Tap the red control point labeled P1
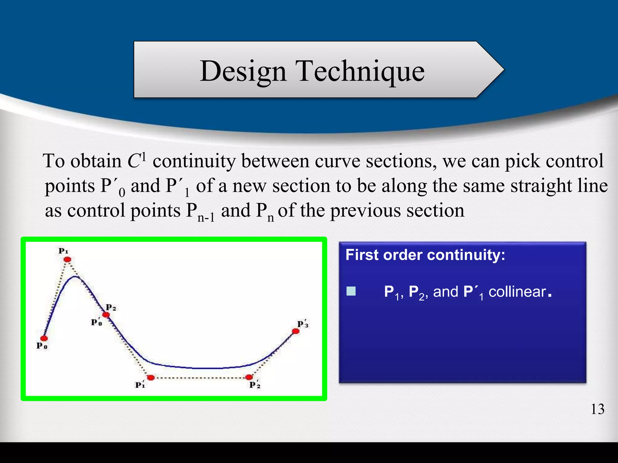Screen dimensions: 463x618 (x=67, y=259)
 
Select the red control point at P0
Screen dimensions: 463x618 (x=44, y=338)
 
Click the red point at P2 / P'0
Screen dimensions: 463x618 (x=106, y=315)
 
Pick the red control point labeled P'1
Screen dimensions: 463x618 (x=151, y=377)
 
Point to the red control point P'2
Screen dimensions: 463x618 (x=249, y=377)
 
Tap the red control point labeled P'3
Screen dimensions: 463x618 (x=296, y=331)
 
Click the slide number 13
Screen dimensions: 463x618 (x=597, y=409)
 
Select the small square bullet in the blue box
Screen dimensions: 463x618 (x=351, y=291)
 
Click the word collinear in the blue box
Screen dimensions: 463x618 (x=517, y=292)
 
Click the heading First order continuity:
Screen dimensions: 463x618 (x=425, y=255)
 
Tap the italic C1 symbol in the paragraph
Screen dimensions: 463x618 (x=136, y=160)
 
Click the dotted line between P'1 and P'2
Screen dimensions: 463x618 (x=200, y=378)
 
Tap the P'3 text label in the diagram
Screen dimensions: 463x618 (x=303, y=324)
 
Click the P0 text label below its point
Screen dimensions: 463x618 (x=42, y=346)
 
